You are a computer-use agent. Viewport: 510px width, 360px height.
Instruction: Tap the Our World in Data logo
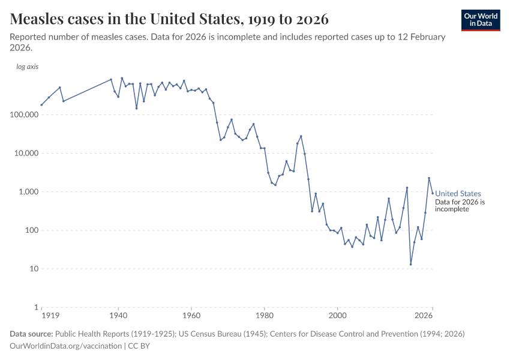(x=480, y=20)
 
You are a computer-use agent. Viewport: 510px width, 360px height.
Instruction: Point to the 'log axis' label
(x=27, y=67)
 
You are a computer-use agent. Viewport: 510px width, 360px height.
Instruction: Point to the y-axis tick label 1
(x=36, y=307)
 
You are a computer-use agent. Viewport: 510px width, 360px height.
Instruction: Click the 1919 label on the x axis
(x=49, y=316)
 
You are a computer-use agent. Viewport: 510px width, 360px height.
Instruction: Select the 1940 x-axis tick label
(x=118, y=316)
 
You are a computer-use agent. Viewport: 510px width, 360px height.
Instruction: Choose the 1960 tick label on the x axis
(x=191, y=316)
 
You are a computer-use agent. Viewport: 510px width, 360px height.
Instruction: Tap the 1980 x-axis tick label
(x=265, y=316)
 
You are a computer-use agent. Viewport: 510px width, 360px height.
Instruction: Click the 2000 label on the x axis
(x=338, y=316)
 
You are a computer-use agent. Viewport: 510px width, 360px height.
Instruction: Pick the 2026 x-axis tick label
(x=424, y=316)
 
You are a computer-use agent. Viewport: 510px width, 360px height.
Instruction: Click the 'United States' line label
(x=458, y=193)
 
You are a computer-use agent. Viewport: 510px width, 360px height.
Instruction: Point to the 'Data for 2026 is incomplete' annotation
(x=460, y=206)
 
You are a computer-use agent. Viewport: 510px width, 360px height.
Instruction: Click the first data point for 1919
(x=41, y=105)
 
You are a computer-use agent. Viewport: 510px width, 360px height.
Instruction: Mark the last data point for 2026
(x=433, y=193)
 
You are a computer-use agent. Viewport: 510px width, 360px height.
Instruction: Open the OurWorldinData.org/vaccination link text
(x=66, y=346)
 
